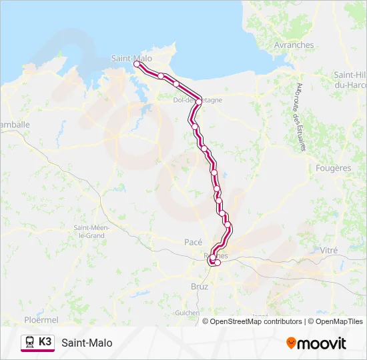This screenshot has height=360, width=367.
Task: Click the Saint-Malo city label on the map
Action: (132, 58)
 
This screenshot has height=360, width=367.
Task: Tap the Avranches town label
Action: (294, 45)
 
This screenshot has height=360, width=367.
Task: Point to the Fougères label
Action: (333, 168)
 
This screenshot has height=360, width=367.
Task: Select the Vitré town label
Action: (329, 249)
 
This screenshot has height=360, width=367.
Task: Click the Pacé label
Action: (193, 242)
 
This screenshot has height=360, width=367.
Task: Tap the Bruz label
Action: (200, 286)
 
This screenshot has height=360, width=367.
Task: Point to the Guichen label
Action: (187, 312)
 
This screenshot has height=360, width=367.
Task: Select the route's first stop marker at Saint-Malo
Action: (136, 64)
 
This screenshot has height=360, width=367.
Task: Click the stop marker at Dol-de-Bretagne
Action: (199, 101)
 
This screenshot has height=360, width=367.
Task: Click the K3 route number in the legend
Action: (45, 342)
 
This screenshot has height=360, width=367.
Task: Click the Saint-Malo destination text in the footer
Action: (87, 343)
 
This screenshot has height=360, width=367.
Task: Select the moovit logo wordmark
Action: (322, 343)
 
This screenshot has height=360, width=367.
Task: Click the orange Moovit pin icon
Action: (291, 343)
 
